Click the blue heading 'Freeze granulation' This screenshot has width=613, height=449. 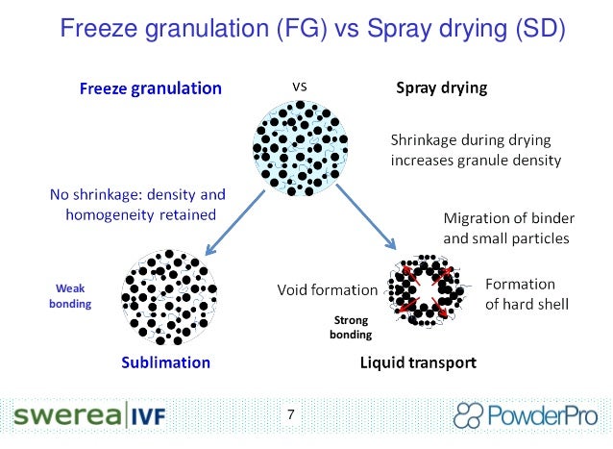(150, 90)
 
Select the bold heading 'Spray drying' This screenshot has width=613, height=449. (442, 90)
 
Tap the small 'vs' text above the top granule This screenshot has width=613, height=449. (299, 86)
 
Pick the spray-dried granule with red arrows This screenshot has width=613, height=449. (427, 288)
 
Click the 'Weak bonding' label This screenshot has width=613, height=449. (70, 295)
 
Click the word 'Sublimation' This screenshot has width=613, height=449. (165, 363)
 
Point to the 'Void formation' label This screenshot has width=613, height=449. (328, 288)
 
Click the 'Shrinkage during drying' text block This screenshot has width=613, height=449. (475, 149)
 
